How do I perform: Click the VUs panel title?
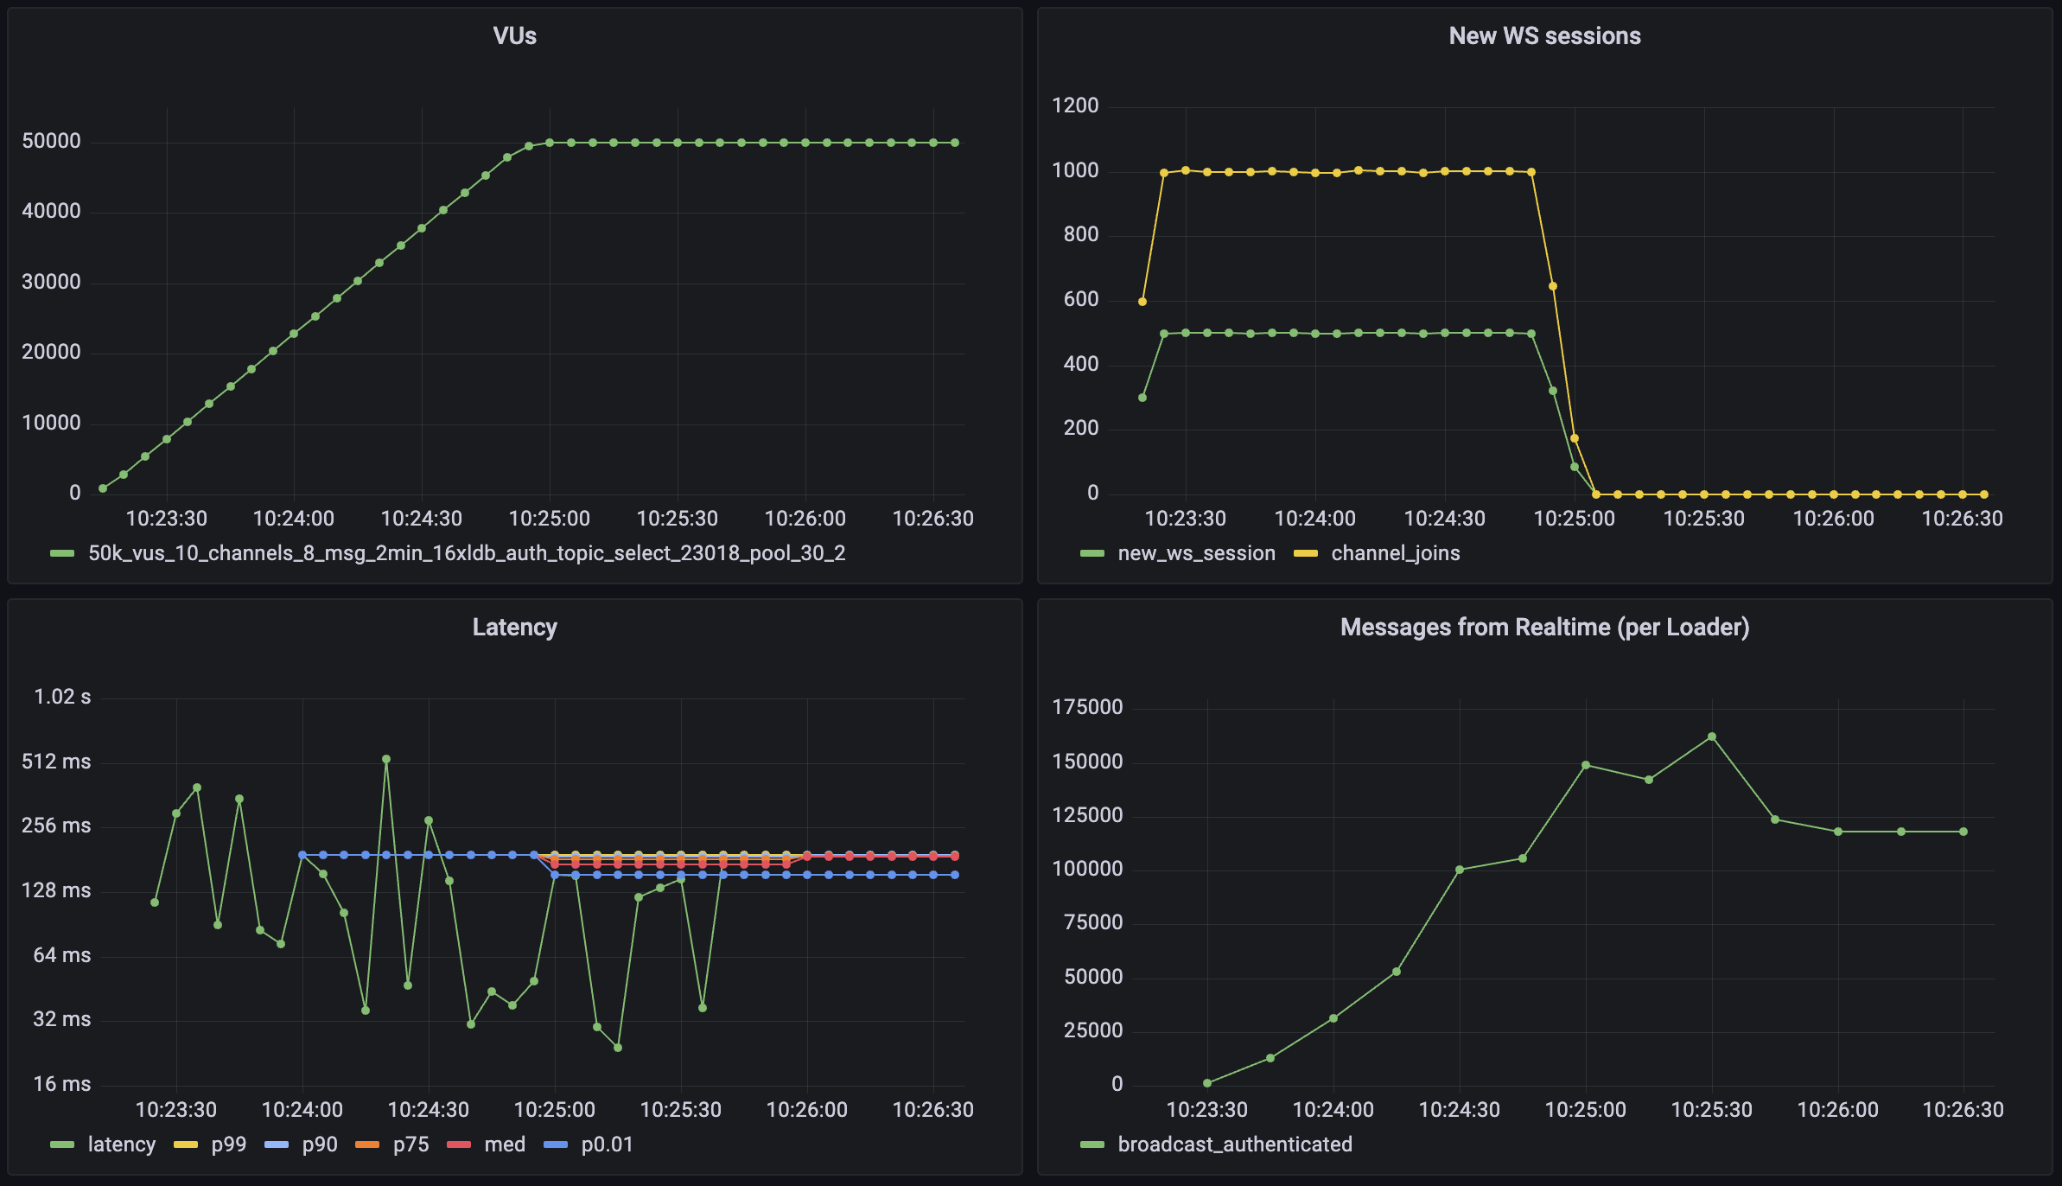click(x=514, y=36)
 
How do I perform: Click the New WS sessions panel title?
click(x=1544, y=36)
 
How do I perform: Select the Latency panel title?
click(x=514, y=628)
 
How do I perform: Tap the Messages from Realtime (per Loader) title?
click(x=1544, y=628)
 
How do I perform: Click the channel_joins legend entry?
click(x=1395, y=553)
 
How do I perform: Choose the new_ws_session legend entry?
click(x=1196, y=553)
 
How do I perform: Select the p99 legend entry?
click(x=228, y=1145)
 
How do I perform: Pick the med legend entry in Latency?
click(x=505, y=1145)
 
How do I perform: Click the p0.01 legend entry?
click(x=607, y=1145)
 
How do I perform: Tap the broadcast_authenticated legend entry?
click(x=1234, y=1145)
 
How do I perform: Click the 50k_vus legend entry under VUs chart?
click(x=467, y=553)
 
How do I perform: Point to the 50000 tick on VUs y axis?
click(x=51, y=142)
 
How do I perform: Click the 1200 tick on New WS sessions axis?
click(x=1075, y=106)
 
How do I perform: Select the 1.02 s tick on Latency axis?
click(x=62, y=698)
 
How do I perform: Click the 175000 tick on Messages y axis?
click(x=1087, y=708)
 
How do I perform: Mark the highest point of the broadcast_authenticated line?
click(x=1712, y=737)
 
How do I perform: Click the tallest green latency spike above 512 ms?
click(x=386, y=760)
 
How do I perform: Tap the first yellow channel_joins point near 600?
click(x=1142, y=302)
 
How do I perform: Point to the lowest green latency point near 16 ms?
click(x=618, y=1048)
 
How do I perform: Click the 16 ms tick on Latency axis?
click(x=62, y=1085)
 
